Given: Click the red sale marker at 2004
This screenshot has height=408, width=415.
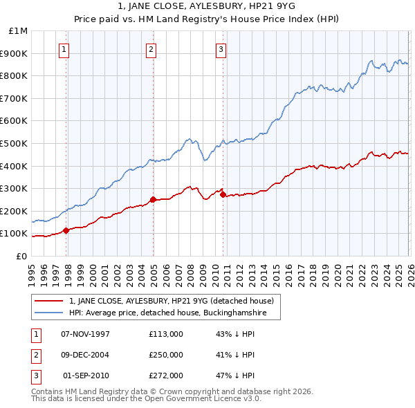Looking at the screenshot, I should (153, 199).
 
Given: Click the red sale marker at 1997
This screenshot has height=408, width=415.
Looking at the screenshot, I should (66, 230).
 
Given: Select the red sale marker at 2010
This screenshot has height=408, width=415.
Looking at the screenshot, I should (223, 194).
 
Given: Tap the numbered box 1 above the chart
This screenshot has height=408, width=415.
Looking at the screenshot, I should (64, 48).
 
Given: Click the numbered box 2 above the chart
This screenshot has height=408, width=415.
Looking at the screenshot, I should (151, 48).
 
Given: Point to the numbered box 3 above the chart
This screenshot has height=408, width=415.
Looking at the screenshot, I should (221, 48).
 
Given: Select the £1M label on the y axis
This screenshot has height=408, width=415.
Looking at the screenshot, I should (19, 30).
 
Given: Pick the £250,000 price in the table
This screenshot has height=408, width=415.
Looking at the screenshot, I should (166, 355).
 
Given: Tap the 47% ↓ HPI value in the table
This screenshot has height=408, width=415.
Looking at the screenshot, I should (235, 376).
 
